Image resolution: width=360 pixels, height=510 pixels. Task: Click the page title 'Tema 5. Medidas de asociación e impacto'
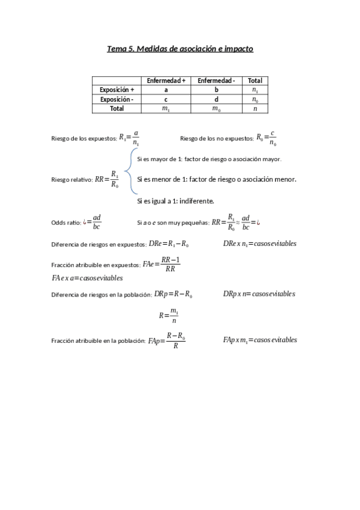point(180,49)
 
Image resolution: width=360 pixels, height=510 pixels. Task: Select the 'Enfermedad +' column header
point(166,81)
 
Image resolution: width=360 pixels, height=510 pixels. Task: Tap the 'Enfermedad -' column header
point(216,81)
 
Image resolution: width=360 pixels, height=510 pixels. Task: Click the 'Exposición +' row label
point(117,90)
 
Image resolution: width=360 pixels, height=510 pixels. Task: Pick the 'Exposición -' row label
point(117,99)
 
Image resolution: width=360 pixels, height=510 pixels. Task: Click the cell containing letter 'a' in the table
point(166,90)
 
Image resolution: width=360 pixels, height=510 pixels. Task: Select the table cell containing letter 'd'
point(216,99)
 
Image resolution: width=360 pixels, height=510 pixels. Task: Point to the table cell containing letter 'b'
point(216,90)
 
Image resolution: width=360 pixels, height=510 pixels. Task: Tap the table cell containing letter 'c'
point(166,99)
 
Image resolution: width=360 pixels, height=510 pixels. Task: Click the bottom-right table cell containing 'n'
point(255,109)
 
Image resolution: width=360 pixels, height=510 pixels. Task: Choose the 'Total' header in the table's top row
point(255,81)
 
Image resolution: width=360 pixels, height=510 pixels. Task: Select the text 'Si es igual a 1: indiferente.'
point(175,201)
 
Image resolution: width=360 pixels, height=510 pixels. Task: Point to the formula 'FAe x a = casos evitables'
point(87,278)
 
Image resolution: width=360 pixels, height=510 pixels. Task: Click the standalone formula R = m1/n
point(169,315)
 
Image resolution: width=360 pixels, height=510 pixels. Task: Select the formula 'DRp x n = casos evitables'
point(259,294)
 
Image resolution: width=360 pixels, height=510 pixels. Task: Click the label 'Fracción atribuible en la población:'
point(98,341)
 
